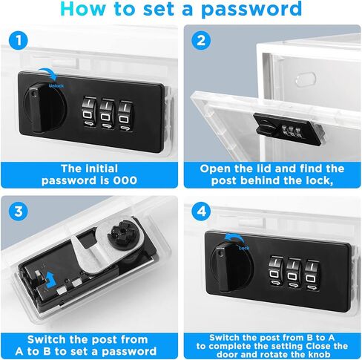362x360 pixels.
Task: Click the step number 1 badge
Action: [19, 40]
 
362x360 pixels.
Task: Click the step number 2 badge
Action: [201, 40]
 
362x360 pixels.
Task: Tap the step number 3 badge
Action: [19, 212]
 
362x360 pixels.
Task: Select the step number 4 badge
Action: [201, 212]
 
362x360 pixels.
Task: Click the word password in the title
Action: [251, 9]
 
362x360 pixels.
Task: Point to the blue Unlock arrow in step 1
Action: [48, 73]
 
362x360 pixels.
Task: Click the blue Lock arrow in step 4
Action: [234, 238]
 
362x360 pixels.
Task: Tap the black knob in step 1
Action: [45, 108]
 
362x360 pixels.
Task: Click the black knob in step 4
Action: [232, 266]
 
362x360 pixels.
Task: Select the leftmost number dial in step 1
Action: [89, 112]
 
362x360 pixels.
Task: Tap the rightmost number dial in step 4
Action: [312, 275]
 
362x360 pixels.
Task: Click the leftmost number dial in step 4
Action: [276, 271]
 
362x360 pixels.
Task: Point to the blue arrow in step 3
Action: [51, 279]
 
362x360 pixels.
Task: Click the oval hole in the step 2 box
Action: [306, 79]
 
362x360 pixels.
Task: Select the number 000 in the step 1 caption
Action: [125, 180]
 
